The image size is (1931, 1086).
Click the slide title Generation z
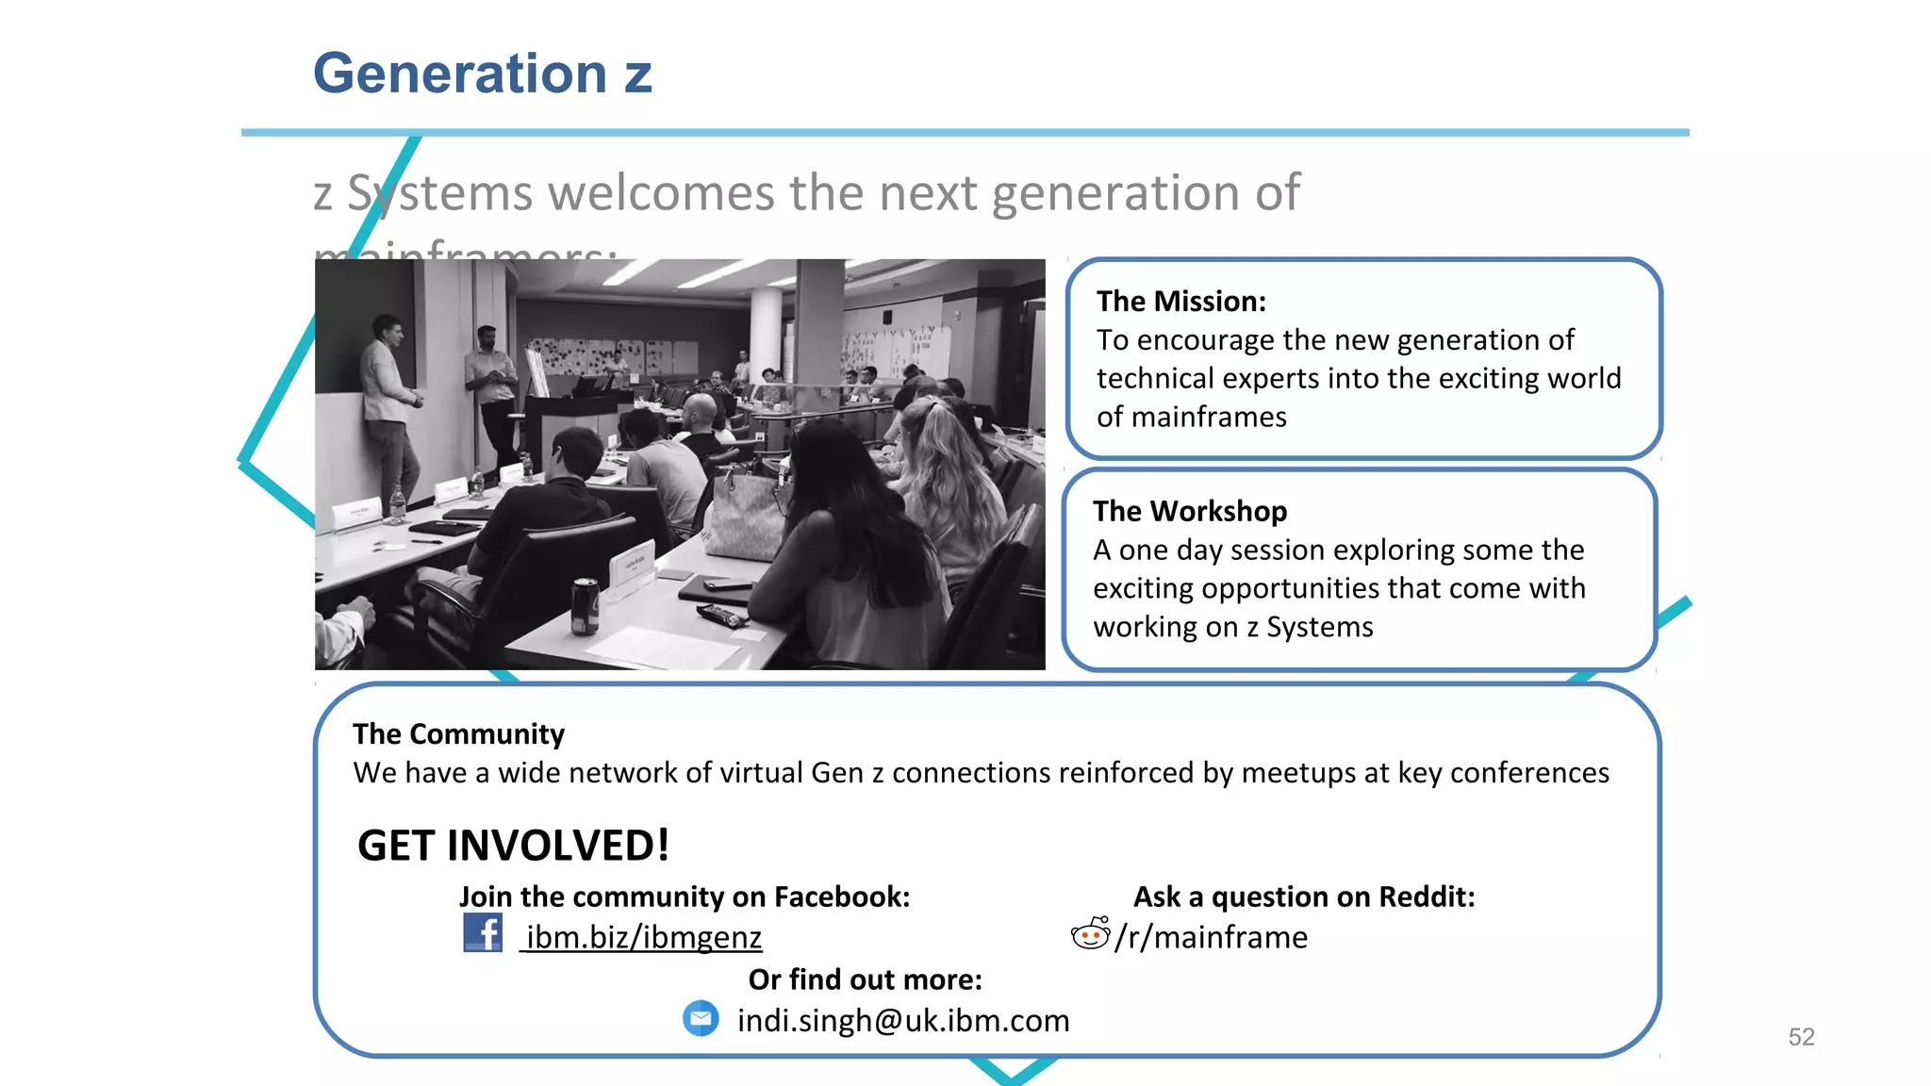(482, 74)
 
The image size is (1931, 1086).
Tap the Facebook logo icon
(483, 933)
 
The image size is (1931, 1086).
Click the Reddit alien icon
(1090, 933)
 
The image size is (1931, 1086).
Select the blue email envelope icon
(701, 1019)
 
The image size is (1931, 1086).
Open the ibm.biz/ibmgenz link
(643, 937)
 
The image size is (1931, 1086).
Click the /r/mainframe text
(1212, 937)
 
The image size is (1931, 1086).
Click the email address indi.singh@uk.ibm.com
(902, 1020)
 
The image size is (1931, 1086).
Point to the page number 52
(1801, 1037)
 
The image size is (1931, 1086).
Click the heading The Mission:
(1180, 301)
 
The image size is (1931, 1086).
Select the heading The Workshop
(1189, 511)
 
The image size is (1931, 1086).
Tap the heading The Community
(458, 733)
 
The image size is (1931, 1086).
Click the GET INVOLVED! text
(513, 845)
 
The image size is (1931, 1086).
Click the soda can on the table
(585, 605)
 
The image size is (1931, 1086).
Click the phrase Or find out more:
(865, 979)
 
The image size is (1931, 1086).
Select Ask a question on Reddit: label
(1303, 897)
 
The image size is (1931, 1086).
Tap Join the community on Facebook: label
(685, 897)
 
